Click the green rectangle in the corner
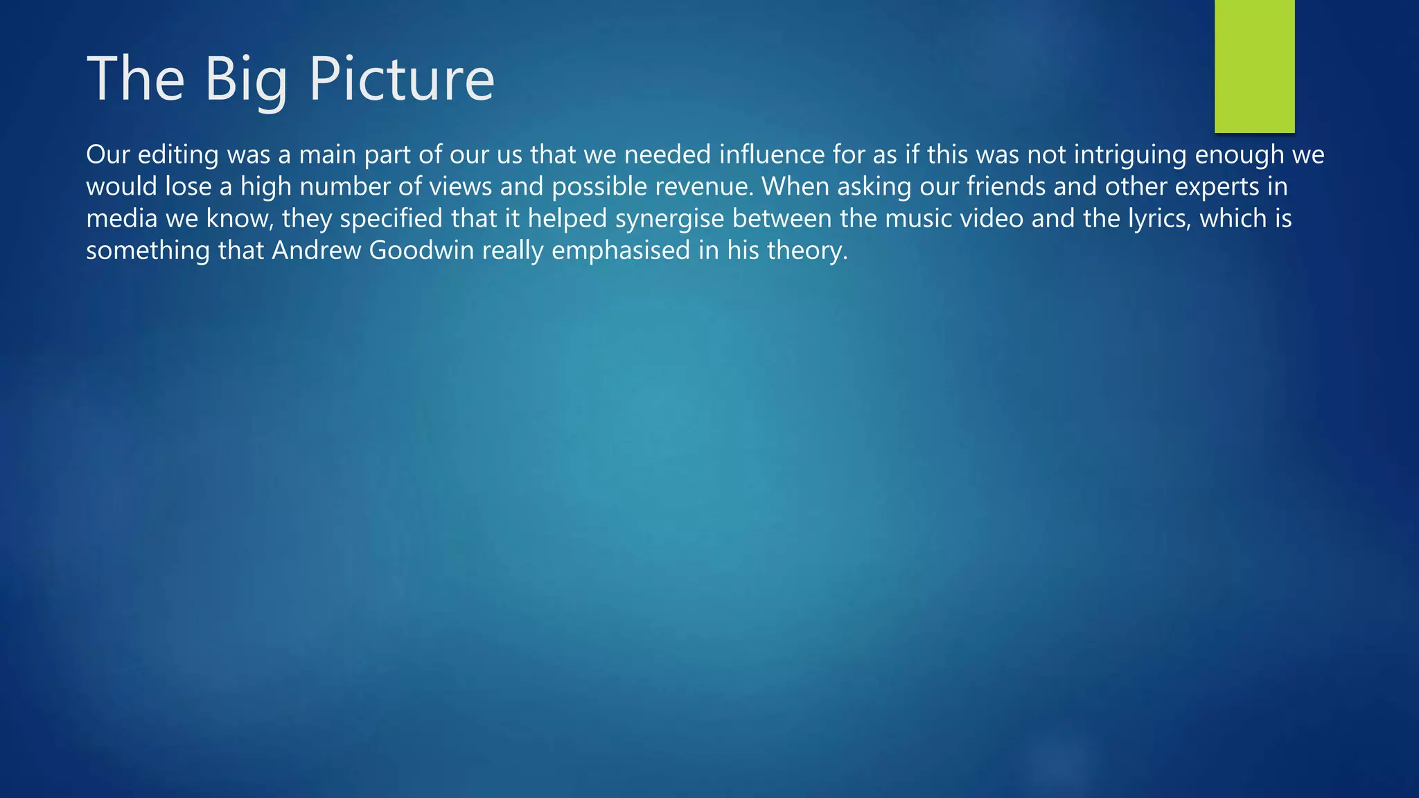pos(1254,66)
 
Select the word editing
pos(178,155)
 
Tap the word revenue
pos(698,187)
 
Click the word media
pos(121,219)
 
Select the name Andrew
pos(317,251)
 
